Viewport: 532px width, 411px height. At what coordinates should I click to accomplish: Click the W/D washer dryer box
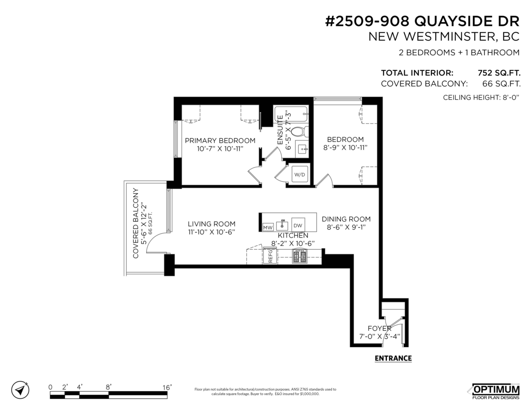tap(299, 175)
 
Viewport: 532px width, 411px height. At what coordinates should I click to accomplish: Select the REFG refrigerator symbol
tap(270, 256)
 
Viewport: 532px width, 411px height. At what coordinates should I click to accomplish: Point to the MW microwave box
tap(267, 227)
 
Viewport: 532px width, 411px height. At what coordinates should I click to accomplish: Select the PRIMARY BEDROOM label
tap(220, 141)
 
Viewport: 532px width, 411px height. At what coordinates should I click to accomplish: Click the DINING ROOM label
tap(346, 219)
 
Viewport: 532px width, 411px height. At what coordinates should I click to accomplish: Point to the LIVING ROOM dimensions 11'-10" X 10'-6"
tap(211, 232)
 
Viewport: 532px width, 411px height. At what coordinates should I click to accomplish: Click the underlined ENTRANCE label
tap(393, 358)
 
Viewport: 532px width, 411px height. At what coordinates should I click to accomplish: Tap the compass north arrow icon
tap(20, 390)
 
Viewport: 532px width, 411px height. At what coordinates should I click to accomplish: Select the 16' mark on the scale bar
tap(167, 387)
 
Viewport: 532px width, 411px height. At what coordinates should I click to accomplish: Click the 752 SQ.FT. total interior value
tap(498, 73)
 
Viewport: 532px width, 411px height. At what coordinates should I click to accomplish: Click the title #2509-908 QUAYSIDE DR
tap(422, 22)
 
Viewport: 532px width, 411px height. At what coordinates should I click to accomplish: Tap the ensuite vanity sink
tap(303, 148)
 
